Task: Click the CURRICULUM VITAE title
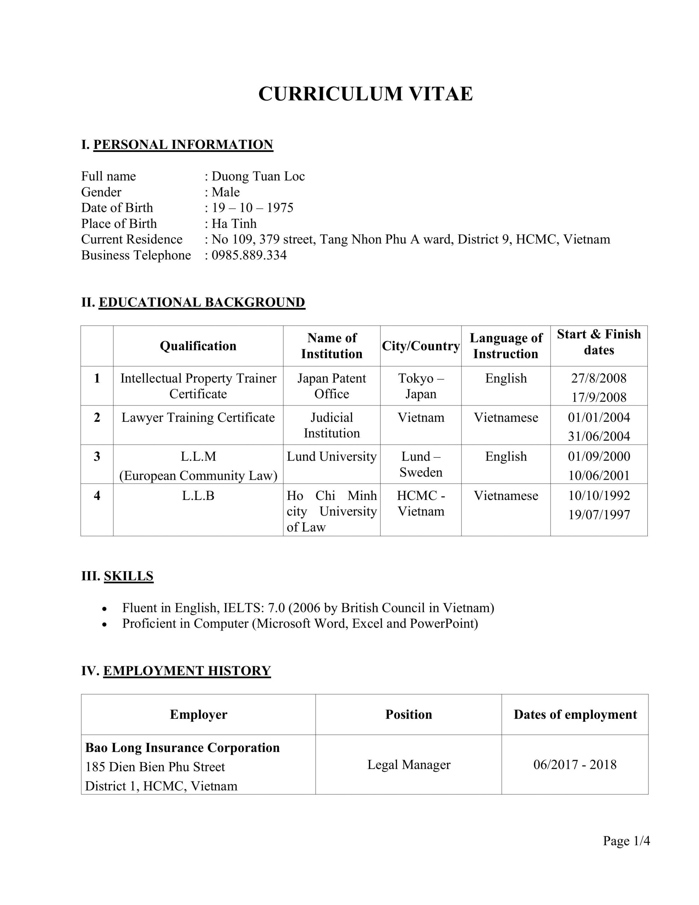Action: (365, 94)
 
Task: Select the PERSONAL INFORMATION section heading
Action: (183, 145)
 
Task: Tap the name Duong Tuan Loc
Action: (258, 176)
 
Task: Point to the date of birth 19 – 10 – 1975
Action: (252, 208)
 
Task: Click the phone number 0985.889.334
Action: (249, 255)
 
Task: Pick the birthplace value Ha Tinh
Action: (234, 223)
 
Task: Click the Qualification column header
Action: (198, 346)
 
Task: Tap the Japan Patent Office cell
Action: (331, 386)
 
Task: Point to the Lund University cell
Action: (331, 456)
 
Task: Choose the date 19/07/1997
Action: (599, 515)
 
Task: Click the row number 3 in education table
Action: (97, 456)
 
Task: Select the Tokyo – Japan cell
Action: (421, 386)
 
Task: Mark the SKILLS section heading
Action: (128, 576)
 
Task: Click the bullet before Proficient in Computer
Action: (105, 624)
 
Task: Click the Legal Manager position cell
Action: (409, 765)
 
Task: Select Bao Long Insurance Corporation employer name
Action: (182, 748)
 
